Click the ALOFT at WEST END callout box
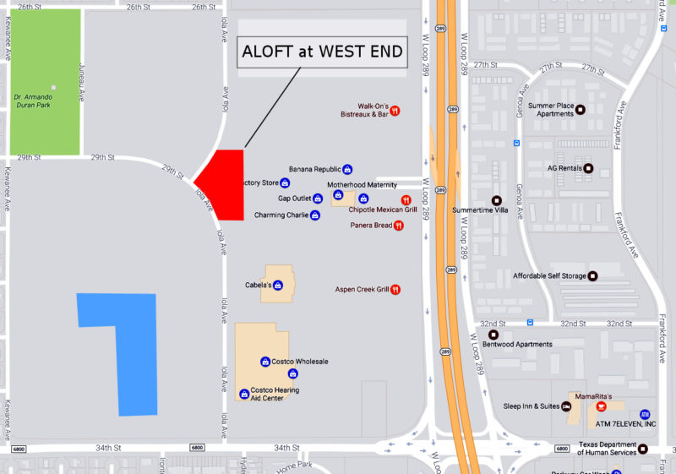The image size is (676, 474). pyautogui.click(x=322, y=52)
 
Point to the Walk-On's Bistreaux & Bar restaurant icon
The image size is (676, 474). pyautogui.click(x=395, y=111)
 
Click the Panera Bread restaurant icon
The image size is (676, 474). pyautogui.click(x=399, y=226)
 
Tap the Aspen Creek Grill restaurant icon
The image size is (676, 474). pyautogui.click(x=395, y=290)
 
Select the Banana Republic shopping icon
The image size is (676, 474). pyautogui.click(x=347, y=169)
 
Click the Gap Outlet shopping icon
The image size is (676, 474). pyautogui.click(x=318, y=199)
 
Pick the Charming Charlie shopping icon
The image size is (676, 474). pyautogui.click(x=315, y=215)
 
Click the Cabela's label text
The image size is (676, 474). pyautogui.click(x=258, y=285)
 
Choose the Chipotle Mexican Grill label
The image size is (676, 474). pyautogui.click(x=383, y=210)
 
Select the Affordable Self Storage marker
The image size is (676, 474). pyautogui.click(x=592, y=276)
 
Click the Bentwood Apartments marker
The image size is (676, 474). pyautogui.click(x=493, y=335)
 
